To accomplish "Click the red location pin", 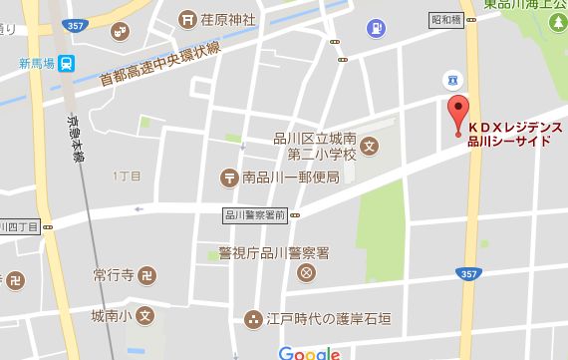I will pos(457,114).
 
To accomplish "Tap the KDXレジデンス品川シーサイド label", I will pos(516,135).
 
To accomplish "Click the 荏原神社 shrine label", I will pos(228,17).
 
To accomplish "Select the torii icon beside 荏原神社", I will pos(187,18).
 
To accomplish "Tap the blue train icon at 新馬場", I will pos(66,64).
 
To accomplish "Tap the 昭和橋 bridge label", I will pos(444,19).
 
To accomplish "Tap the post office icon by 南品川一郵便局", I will pos(229,178).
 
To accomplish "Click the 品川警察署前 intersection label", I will pos(255,214).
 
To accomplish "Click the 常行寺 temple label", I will pos(111,273).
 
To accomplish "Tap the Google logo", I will pos(309,352).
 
